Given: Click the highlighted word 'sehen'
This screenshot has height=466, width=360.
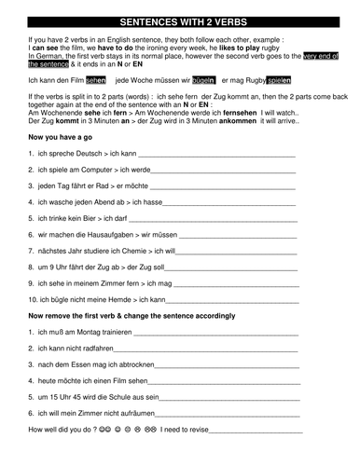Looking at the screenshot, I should coord(96,81).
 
